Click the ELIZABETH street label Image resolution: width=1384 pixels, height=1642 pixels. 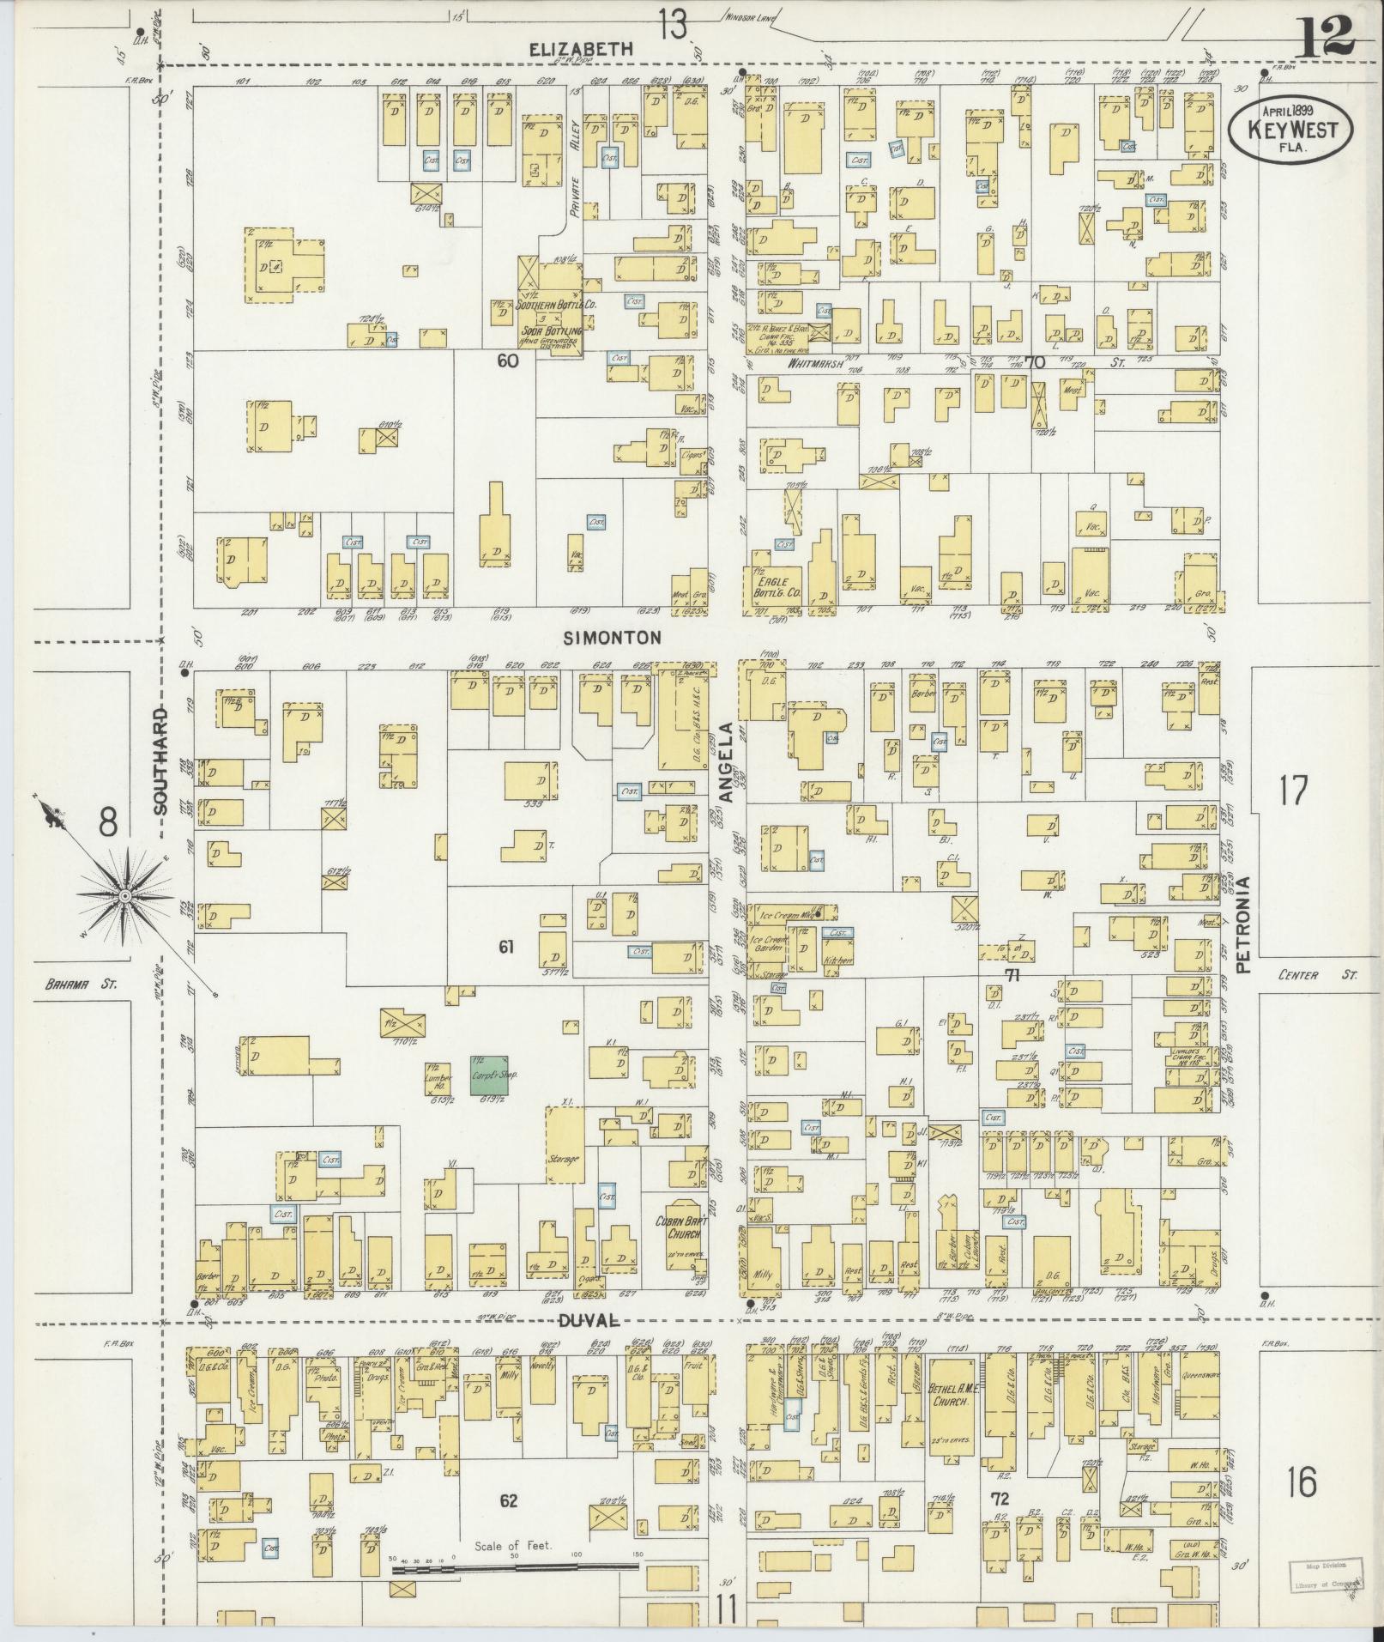(581, 50)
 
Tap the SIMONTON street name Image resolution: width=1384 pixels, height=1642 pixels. (613, 637)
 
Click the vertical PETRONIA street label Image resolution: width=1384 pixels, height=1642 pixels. (1243, 923)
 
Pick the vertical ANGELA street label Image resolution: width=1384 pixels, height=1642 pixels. (725, 761)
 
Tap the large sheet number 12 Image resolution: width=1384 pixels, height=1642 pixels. (1323, 36)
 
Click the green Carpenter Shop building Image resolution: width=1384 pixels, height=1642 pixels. (489, 1074)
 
